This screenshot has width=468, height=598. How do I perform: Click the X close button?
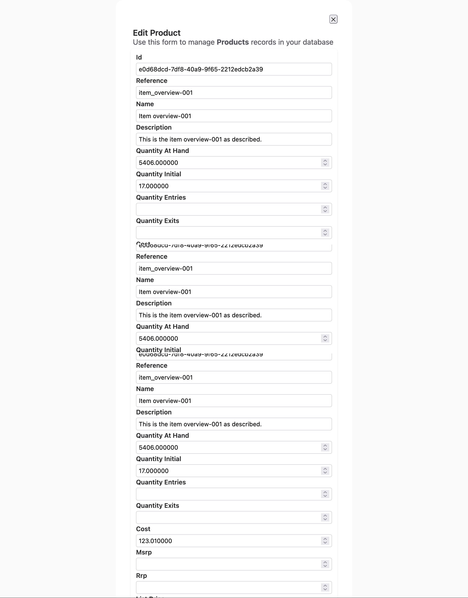pos(333,19)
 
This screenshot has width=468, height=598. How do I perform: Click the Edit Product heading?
pos(157,33)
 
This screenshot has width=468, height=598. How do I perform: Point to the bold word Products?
pos(233,42)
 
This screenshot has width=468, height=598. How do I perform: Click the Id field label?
pos(139,57)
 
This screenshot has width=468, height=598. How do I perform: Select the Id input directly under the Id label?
pos(234,69)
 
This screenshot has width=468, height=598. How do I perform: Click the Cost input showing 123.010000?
pos(227,541)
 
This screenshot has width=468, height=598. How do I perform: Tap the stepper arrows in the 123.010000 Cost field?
pos(325,541)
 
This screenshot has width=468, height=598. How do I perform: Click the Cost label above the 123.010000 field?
pos(143,529)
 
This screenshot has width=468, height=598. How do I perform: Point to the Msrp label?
pos(144,552)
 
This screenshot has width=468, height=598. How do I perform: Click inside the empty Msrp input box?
pos(227,564)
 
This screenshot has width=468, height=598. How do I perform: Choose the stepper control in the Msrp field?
pos(325,564)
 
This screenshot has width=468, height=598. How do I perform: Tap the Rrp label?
pos(141,576)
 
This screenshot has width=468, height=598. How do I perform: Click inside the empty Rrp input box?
pos(227,587)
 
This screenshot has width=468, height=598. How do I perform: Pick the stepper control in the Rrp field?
pos(325,587)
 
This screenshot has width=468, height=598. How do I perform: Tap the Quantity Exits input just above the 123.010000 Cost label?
pos(227,518)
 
